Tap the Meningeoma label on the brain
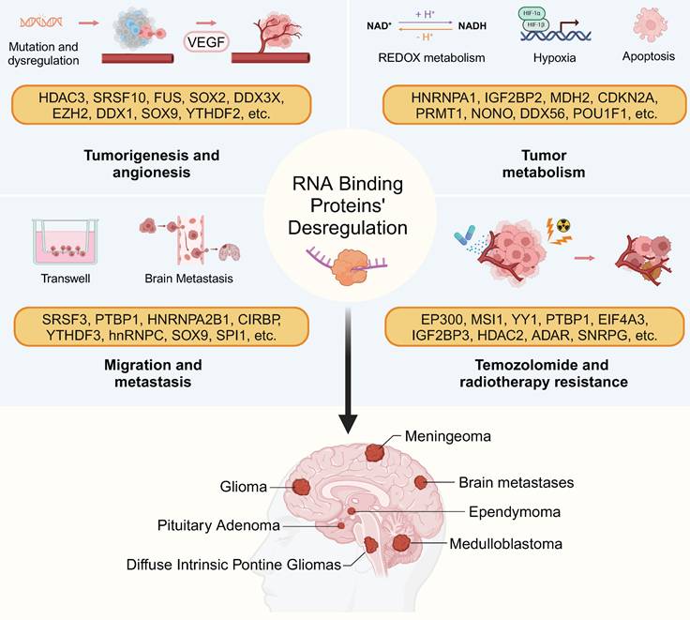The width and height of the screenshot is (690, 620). [x=448, y=436]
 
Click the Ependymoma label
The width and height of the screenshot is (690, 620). [x=515, y=512]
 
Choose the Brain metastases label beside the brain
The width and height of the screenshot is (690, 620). [x=516, y=483]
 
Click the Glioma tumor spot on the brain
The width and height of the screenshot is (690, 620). [x=302, y=487]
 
